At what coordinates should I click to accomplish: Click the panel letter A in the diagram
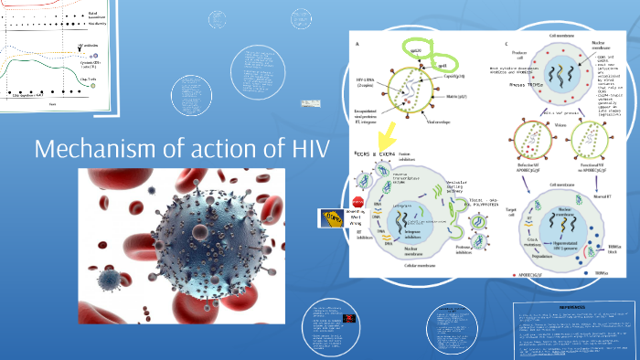(356, 44)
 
